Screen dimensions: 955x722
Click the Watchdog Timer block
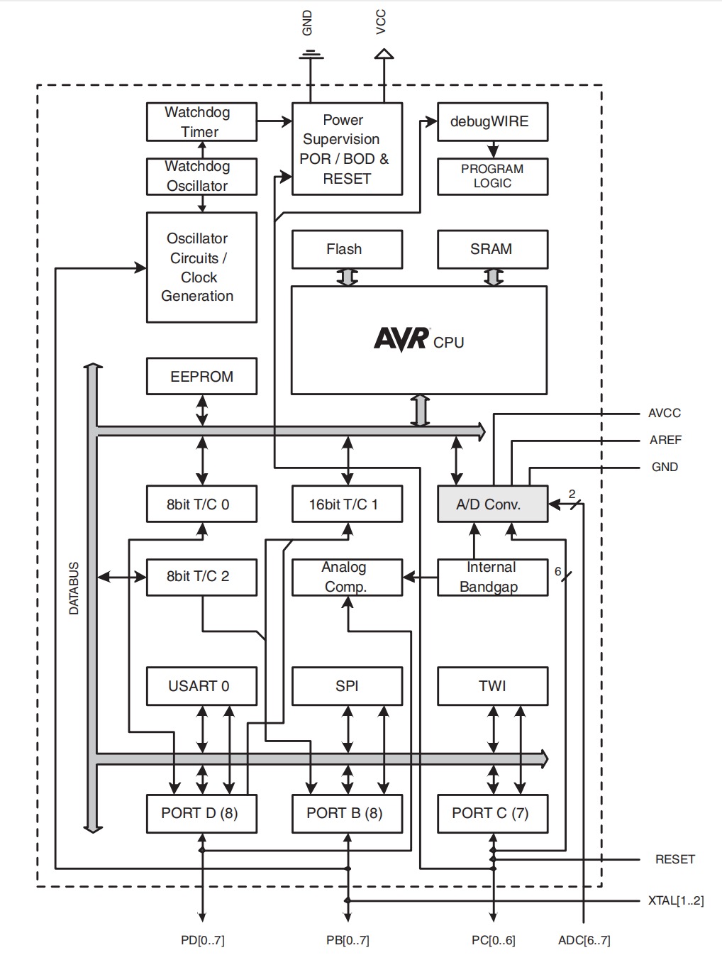click(201, 122)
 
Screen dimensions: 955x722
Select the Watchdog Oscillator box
click(201, 176)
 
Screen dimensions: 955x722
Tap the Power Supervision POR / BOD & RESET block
click(347, 149)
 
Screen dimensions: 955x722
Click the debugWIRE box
click(492, 121)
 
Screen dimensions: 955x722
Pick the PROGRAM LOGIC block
click(492, 176)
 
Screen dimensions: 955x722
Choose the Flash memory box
click(347, 249)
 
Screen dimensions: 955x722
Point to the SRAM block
click(492, 249)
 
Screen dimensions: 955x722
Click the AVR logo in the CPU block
click(401, 338)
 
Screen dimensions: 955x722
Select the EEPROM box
click(201, 377)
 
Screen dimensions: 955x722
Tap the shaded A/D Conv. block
click(492, 504)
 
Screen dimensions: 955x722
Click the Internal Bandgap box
click(492, 577)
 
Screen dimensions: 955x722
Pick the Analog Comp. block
click(347, 577)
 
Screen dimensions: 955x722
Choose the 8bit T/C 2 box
click(201, 577)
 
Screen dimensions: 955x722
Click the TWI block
click(492, 686)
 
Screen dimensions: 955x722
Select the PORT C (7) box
click(492, 813)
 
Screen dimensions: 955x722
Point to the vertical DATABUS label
click(74, 588)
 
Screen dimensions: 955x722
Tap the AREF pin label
click(665, 440)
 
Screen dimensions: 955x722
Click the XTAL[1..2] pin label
click(675, 900)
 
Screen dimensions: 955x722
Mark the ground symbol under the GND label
click(311, 55)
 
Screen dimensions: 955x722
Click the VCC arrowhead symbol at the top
click(384, 53)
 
